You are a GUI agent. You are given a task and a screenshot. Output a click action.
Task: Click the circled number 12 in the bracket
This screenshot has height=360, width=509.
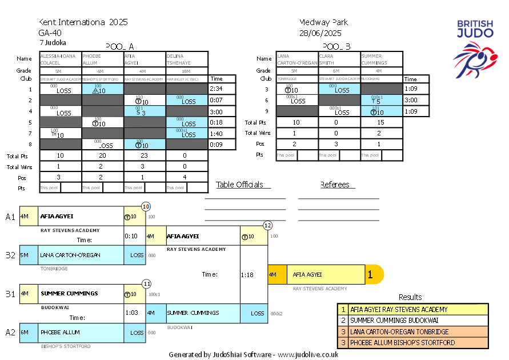(267, 225)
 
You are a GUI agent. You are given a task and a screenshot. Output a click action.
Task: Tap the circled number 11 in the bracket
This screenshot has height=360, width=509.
(147, 283)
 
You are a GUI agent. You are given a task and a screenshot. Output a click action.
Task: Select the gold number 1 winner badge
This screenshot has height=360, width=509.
(370, 275)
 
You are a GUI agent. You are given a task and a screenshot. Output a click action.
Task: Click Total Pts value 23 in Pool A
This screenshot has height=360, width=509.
(145, 155)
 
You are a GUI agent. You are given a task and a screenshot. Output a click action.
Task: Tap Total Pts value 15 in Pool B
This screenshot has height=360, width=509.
(382, 122)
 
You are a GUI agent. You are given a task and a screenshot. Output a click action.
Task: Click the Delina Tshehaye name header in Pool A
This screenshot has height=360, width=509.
(187, 59)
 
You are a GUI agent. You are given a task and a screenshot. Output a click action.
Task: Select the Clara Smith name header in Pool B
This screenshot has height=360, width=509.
(339, 59)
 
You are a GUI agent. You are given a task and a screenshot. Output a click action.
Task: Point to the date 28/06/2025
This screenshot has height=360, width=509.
(324, 33)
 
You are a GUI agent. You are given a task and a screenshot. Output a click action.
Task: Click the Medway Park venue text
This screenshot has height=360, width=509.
(323, 22)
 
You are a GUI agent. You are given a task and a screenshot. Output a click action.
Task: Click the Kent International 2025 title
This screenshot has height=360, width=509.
(83, 22)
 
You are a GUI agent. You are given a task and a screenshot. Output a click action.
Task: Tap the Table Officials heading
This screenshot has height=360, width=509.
(239, 185)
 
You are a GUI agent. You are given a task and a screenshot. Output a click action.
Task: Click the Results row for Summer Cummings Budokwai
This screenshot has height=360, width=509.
(413, 321)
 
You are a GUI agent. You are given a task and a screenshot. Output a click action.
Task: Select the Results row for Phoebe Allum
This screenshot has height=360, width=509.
(413, 342)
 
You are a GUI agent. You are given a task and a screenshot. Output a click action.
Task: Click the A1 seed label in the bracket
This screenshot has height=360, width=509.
(10, 217)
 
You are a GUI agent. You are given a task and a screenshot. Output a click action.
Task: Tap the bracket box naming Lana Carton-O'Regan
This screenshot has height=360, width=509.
(72, 255)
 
